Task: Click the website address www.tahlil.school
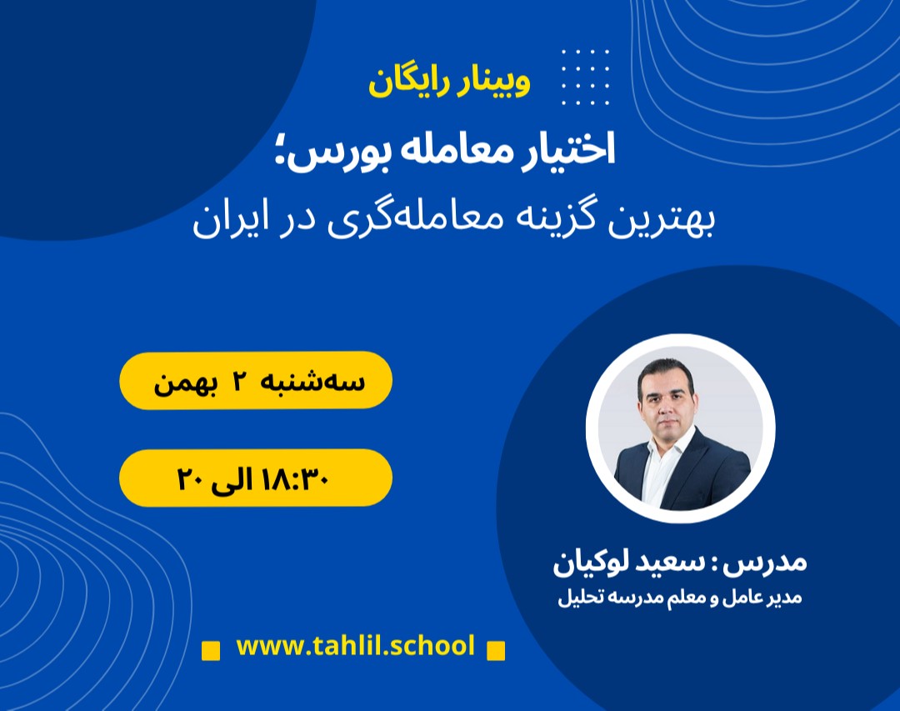click(x=355, y=646)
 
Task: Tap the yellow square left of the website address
click(x=212, y=649)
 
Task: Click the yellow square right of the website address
click(x=496, y=649)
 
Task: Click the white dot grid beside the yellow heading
click(x=585, y=77)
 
